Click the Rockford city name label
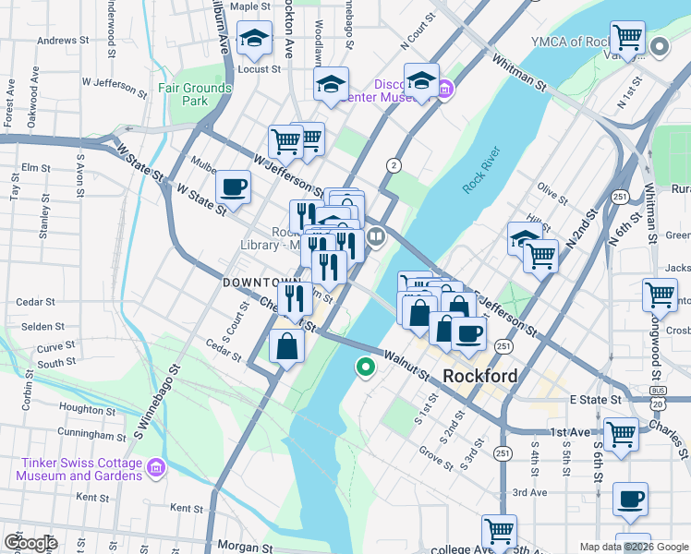tap(479, 377)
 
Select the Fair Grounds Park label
tap(194, 94)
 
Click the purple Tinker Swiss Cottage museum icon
tap(155, 469)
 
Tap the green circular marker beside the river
tap(366, 368)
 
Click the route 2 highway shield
tap(394, 165)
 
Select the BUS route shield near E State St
tap(658, 391)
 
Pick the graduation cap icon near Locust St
tap(254, 40)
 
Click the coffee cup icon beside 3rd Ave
tap(631, 500)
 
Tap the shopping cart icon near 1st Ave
tap(622, 433)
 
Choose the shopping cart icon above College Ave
tap(499, 532)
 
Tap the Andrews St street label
tap(62, 40)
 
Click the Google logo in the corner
tap(30, 542)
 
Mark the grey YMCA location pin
tap(660, 46)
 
